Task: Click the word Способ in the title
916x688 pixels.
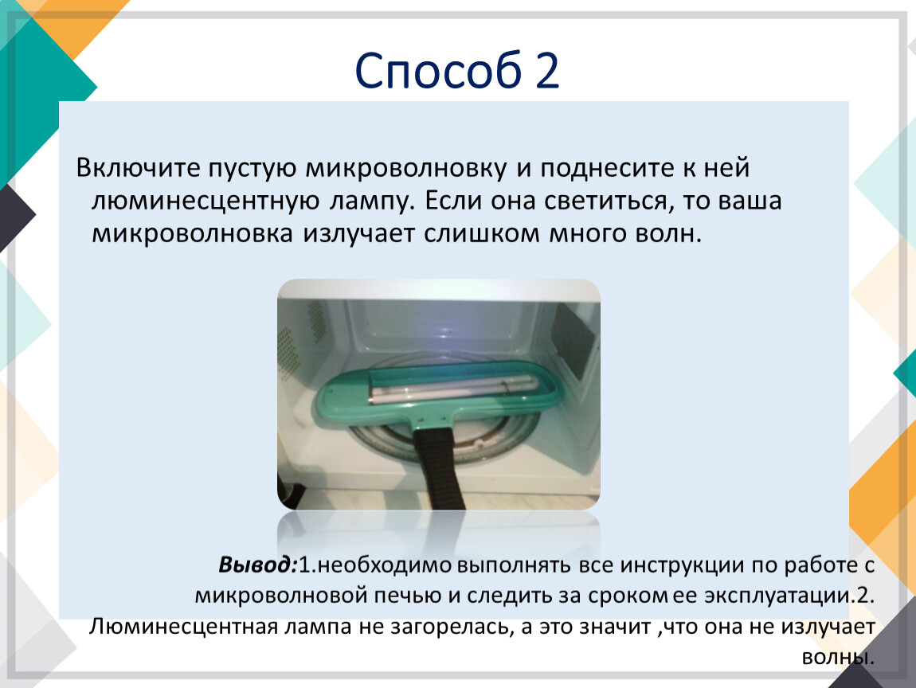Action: pos(438,71)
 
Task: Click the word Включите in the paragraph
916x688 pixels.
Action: pos(139,167)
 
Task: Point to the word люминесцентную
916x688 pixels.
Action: pos(206,201)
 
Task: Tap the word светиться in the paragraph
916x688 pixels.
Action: pos(605,201)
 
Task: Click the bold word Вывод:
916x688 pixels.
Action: pos(258,565)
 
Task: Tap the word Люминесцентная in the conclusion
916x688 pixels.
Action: pos(183,627)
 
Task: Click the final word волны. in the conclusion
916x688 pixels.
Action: pos(838,657)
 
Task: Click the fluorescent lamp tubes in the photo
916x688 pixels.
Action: pos(452,388)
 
